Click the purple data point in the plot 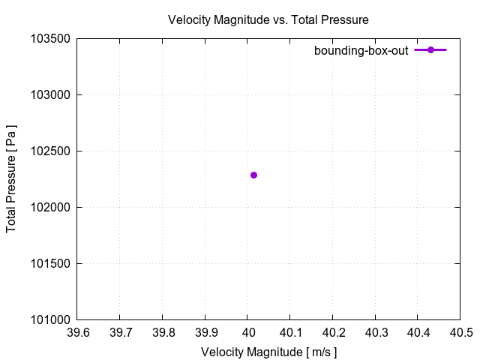click(x=253, y=175)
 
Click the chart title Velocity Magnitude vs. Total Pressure click(x=268, y=19)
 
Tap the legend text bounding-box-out click(x=361, y=50)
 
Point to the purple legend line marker click(x=430, y=50)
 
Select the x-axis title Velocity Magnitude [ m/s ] click(x=268, y=351)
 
